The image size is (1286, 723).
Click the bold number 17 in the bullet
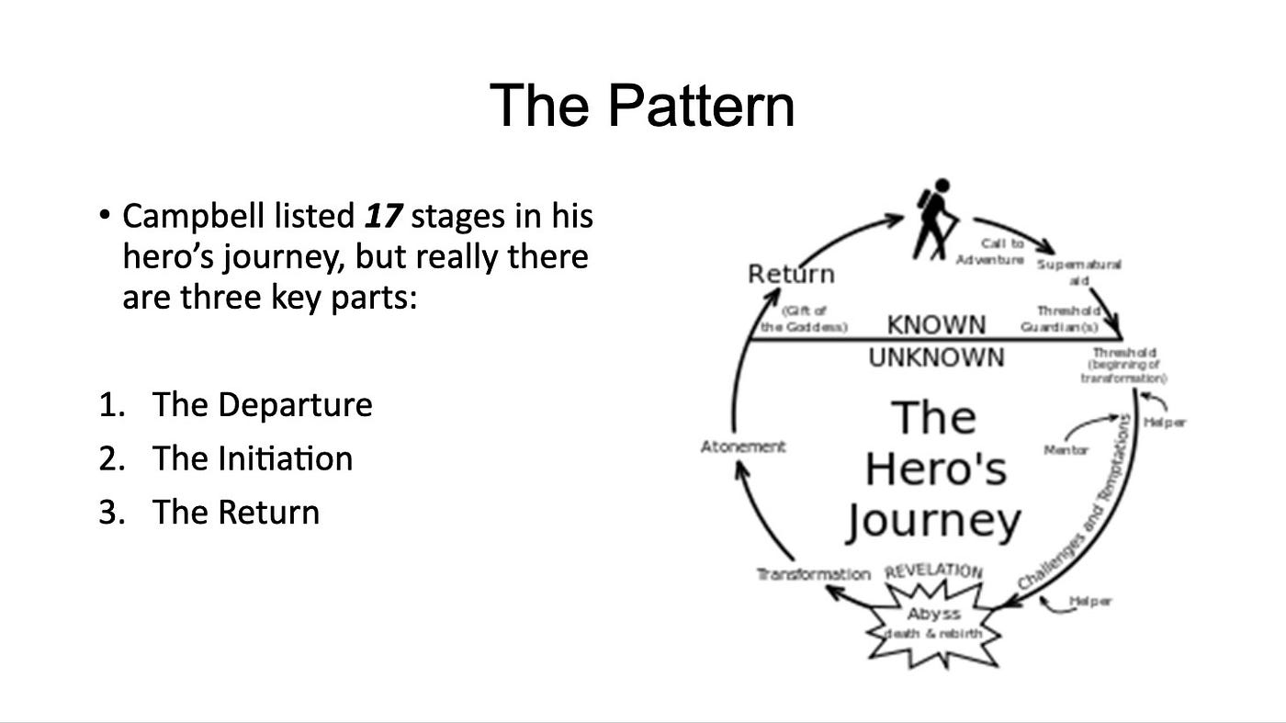click(x=383, y=217)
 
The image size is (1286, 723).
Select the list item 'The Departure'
click(x=262, y=405)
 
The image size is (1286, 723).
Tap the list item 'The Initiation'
click(x=253, y=458)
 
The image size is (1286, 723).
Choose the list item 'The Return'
click(x=236, y=512)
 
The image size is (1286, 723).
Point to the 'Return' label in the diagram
click(x=791, y=274)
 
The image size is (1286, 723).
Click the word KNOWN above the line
click(x=936, y=324)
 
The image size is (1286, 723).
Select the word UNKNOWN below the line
click(x=936, y=357)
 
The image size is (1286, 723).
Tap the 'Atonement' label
click(x=743, y=446)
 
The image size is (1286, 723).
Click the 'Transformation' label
click(x=813, y=574)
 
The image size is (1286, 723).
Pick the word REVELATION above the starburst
click(x=933, y=571)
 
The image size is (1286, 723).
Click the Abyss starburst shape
click(x=933, y=624)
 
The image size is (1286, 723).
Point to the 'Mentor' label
click(x=1066, y=450)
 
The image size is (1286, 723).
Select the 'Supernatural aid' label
click(x=1078, y=271)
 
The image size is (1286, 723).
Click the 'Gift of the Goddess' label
click(x=804, y=318)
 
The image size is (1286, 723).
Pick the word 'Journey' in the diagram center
click(x=932, y=522)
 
